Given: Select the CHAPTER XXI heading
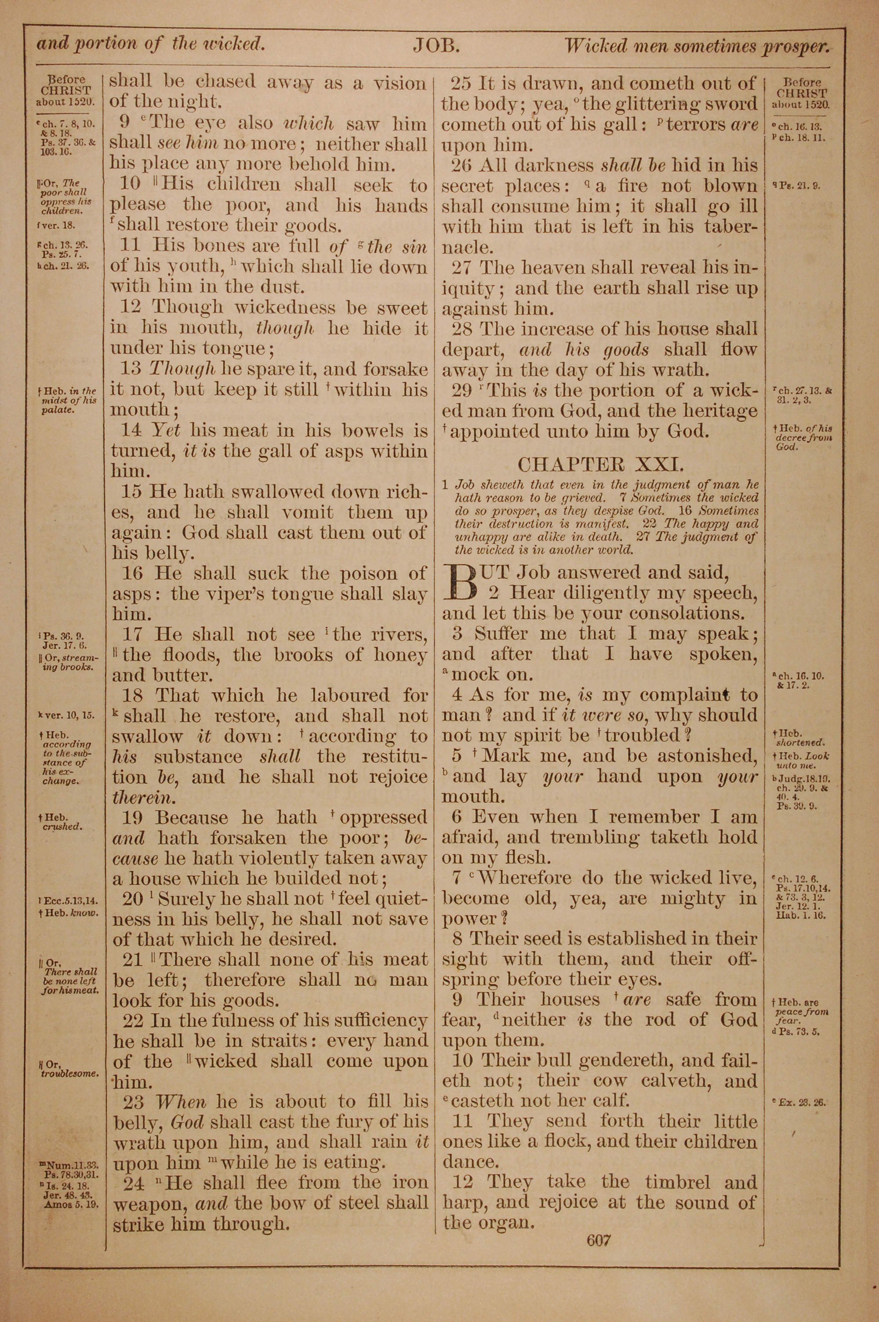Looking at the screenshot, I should click(x=600, y=465).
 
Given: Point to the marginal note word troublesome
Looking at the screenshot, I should click(x=71, y=1074).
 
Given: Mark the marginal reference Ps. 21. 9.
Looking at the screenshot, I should click(x=800, y=185).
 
